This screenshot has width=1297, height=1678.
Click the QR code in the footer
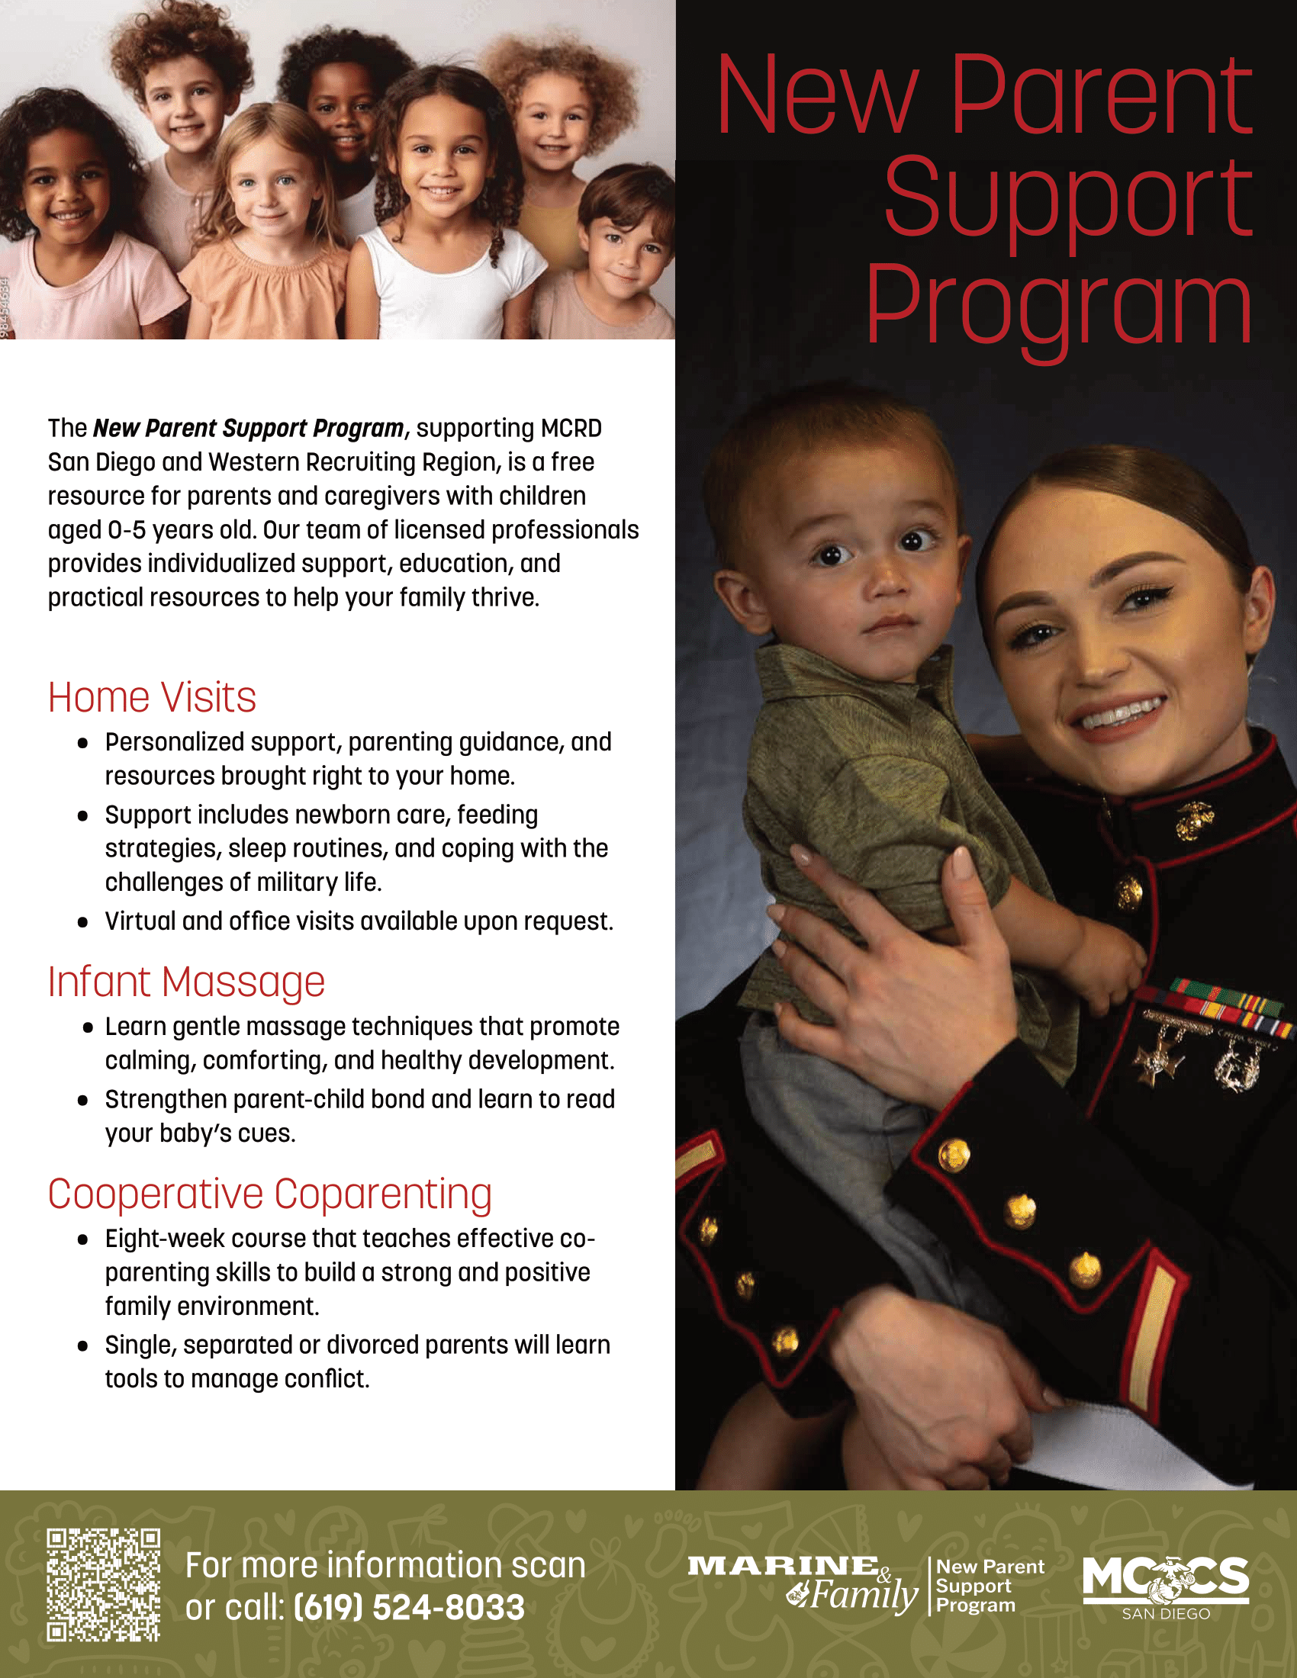point(103,1584)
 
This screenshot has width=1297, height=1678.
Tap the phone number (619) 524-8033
point(410,1607)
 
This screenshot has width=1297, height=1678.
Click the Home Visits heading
point(152,698)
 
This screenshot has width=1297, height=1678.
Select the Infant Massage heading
point(187,982)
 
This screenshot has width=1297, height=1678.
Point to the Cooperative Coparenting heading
point(269,1194)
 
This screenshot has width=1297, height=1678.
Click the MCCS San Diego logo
point(1166,1587)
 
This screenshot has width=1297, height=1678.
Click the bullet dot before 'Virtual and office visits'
point(83,922)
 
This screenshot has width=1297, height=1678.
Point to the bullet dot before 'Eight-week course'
point(83,1239)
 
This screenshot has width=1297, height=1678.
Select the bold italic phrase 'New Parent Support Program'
point(248,428)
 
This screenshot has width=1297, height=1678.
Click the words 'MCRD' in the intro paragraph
point(571,428)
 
